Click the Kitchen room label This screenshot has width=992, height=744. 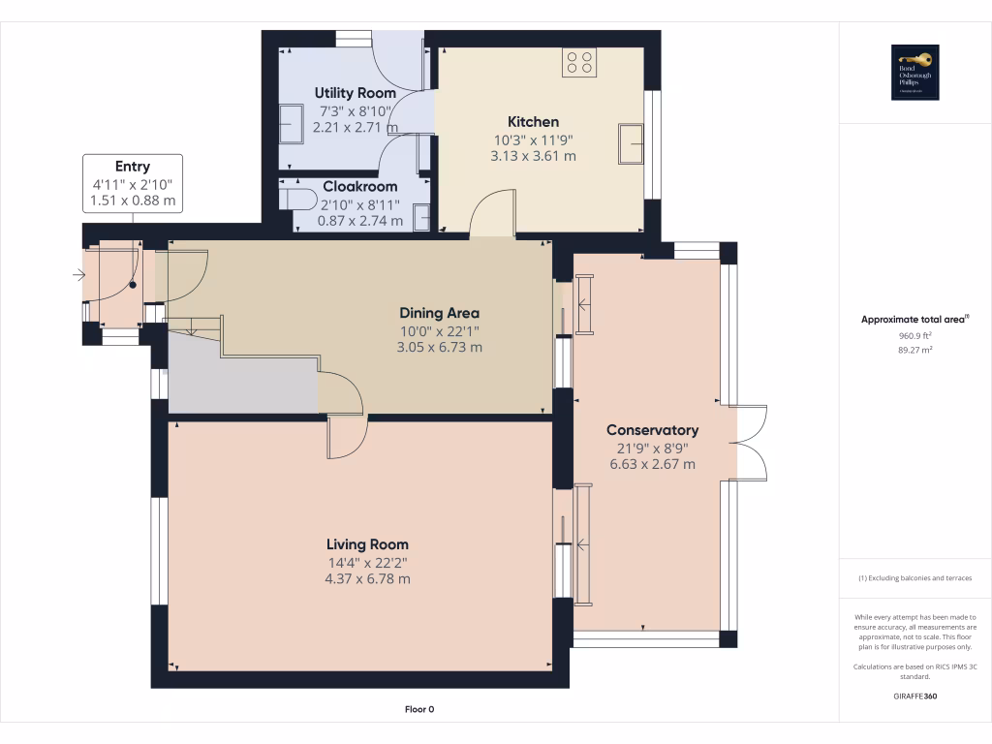click(x=533, y=122)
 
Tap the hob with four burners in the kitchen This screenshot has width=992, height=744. click(x=579, y=62)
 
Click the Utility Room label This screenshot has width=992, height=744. click(x=355, y=93)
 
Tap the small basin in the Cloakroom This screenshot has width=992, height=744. click(x=422, y=219)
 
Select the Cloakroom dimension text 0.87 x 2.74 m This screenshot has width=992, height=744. click(x=360, y=220)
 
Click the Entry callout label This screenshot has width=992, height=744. click(x=133, y=167)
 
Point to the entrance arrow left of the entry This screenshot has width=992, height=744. click(x=77, y=276)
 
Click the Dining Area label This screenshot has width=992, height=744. click(x=439, y=313)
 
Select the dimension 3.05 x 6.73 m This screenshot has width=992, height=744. click(x=439, y=347)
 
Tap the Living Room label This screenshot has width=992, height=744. click(x=367, y=544)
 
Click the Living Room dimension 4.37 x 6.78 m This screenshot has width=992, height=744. click(x=367, y=579)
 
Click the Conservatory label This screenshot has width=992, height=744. click(x=652, y=430)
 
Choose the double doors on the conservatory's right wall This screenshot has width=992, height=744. click(x=748, y=443)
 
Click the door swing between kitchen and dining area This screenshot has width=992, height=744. click(x=492, y=215)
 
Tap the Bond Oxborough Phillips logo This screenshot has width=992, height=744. click(x=915, y=73)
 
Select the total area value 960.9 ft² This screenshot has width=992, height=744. click(x=915, y=335)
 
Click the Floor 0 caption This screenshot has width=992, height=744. click(x=418, y=710)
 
